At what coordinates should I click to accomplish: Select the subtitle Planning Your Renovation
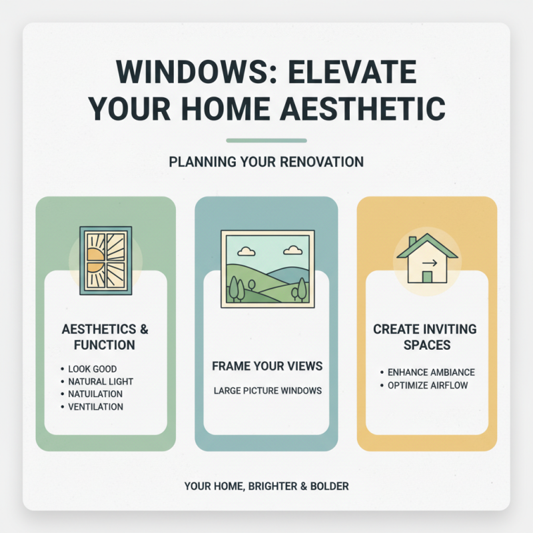click(266, 162)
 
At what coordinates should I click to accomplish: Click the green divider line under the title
click(266, 141)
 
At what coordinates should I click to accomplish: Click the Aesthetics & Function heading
click(105, 337)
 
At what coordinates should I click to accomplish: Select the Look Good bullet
click(92, 368)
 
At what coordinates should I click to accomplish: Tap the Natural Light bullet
click(101, 381)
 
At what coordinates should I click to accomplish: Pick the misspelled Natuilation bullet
click(95, 394)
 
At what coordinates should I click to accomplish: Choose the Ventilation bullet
click(95, 406)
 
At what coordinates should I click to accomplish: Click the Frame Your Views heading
click(266, 366)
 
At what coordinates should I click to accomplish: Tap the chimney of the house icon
click(412, 241)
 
